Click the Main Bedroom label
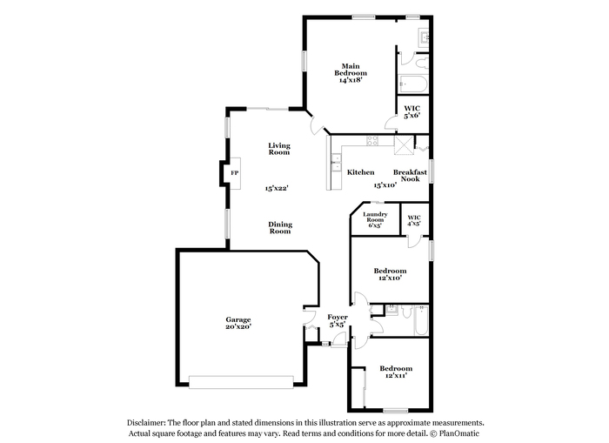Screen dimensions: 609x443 351,70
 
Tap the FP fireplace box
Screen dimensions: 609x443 235,173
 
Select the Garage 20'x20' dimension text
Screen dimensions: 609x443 238,326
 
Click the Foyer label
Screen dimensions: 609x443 338,317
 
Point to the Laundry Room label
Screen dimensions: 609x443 375,217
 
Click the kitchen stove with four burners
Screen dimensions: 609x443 372,140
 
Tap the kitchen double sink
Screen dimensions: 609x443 337,163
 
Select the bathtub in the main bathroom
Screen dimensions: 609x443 413,84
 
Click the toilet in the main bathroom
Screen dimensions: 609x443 421,63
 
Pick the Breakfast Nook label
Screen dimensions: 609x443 410,175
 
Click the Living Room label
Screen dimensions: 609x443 279,149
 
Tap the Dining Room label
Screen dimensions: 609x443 280,228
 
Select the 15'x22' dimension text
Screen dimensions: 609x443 277,188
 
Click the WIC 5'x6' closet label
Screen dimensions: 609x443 412,112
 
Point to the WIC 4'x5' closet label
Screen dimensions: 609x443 414,221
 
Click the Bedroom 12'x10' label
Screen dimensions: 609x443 390,274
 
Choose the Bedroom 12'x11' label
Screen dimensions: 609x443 396,372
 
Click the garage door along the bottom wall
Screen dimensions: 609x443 241,382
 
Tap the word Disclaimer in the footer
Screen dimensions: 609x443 146,423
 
